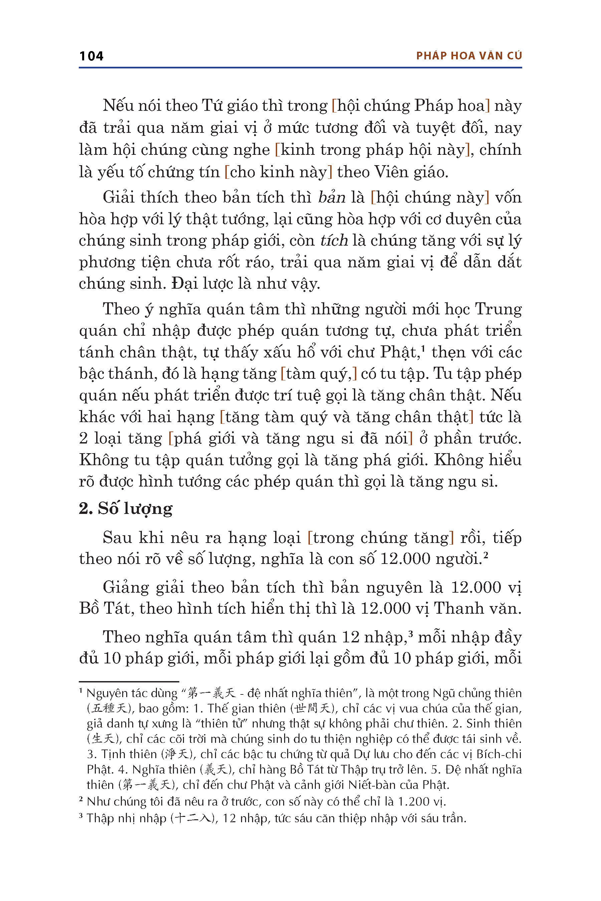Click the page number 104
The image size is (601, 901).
point(91,56)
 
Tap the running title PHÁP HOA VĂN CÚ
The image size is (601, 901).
point(469,56)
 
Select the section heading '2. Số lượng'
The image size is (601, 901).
point(126,509)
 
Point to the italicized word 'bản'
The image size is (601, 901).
point(332,197)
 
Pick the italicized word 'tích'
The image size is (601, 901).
point(334,241)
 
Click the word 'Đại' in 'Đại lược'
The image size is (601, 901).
point(184,284)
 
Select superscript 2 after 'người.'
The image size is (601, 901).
point(485,555)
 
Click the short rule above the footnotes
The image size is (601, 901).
point(129,681)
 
